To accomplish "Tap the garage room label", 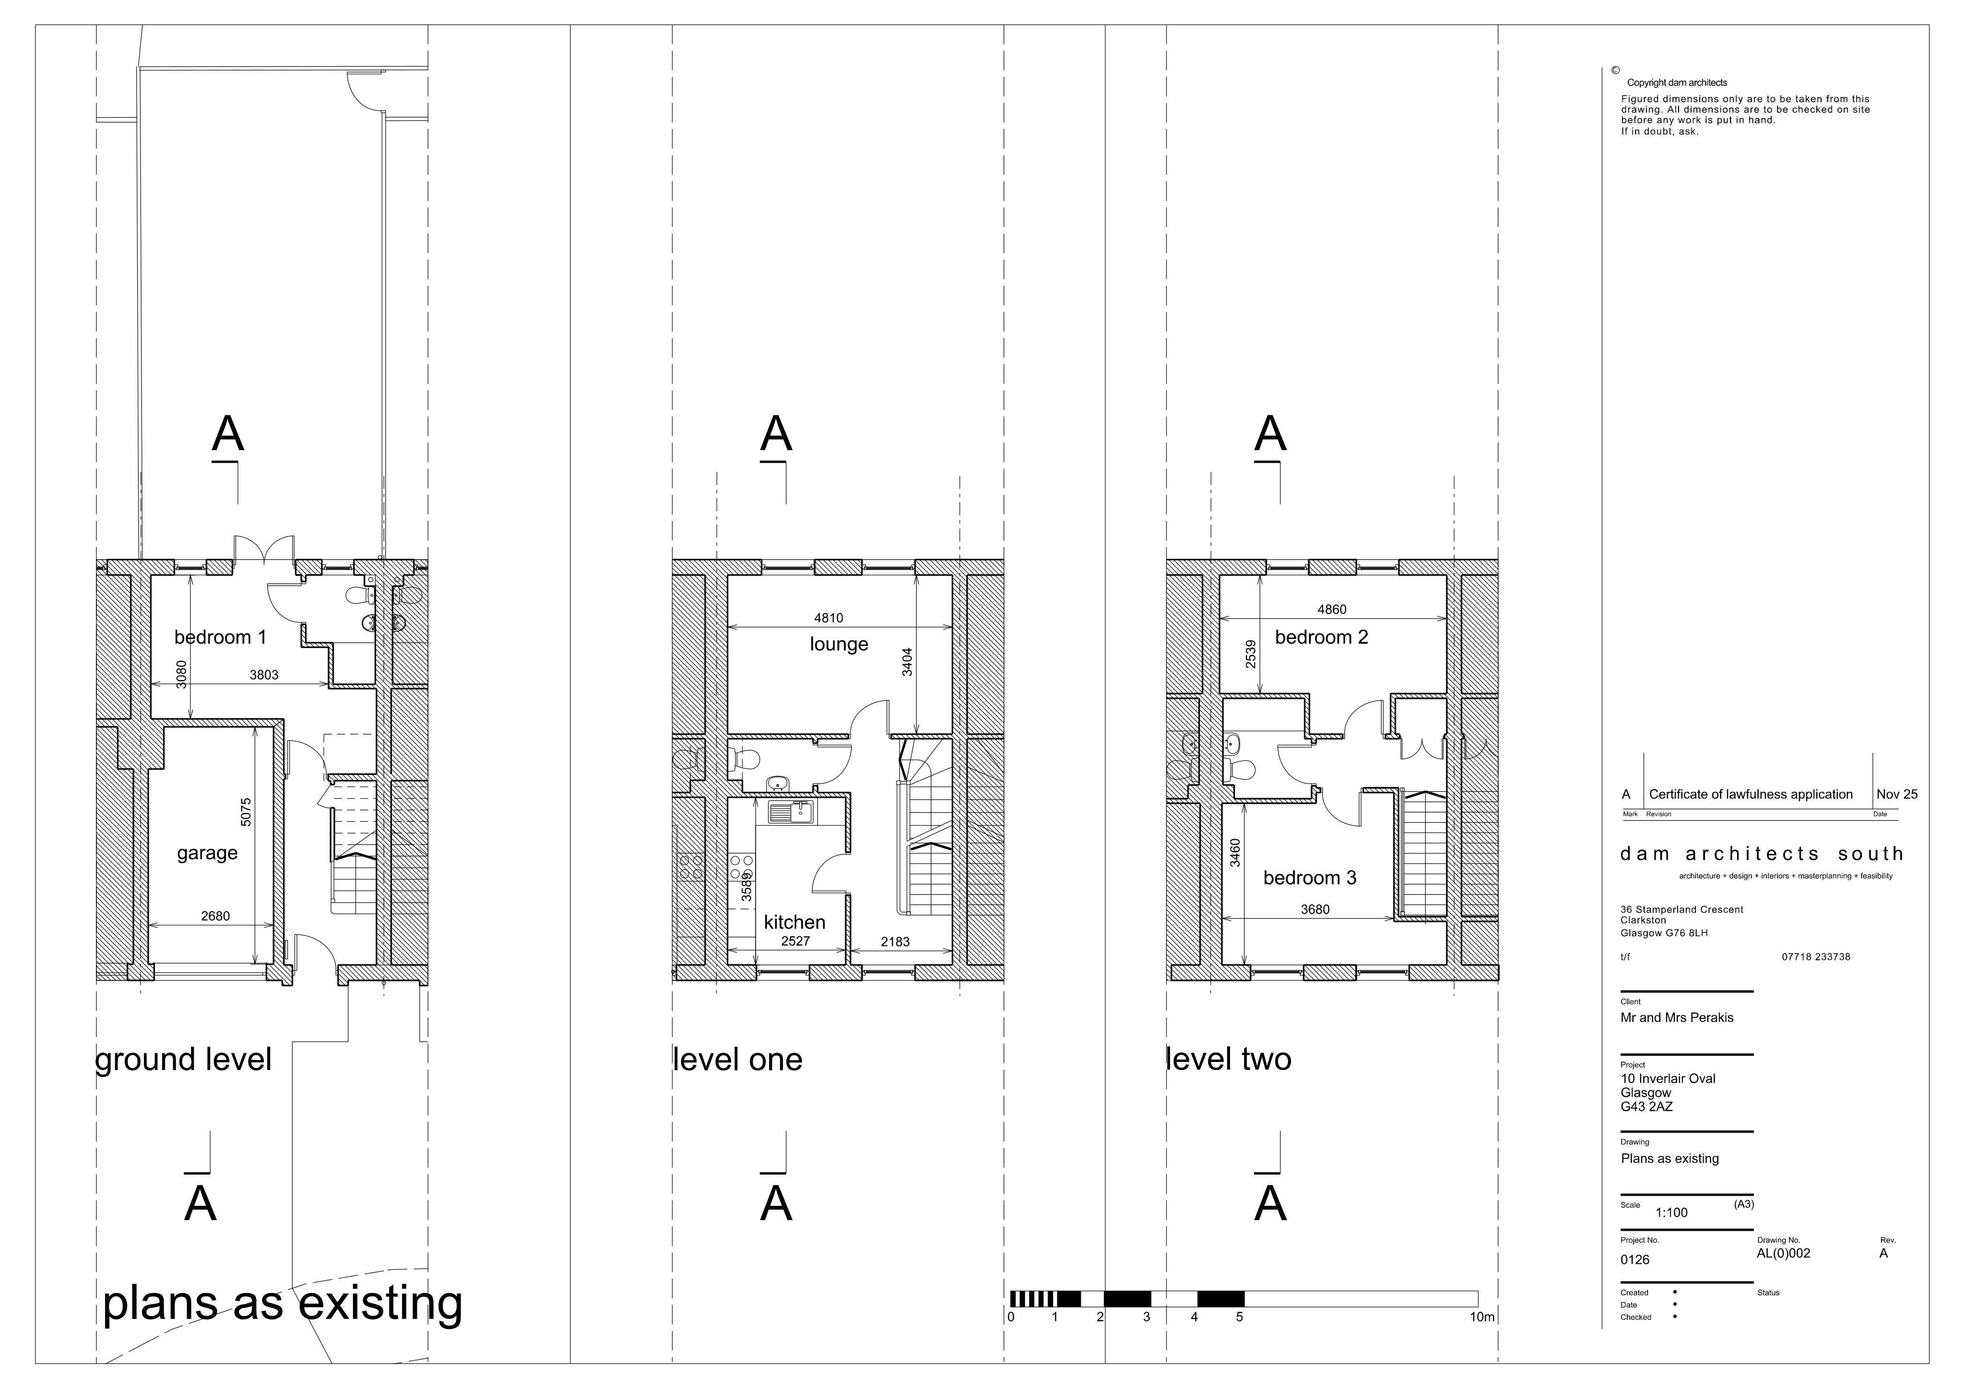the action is tap(207, 853).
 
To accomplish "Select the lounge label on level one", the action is tap(839, 645).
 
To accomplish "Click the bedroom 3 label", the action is tap(1309, 878).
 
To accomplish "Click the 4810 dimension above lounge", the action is tap(829, 618).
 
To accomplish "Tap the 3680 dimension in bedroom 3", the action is tap(1315, 910).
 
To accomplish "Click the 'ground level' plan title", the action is tap(183, 1059).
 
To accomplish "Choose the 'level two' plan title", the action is tap(1229, 1059).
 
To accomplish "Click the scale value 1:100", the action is tap(1671, 1212).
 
